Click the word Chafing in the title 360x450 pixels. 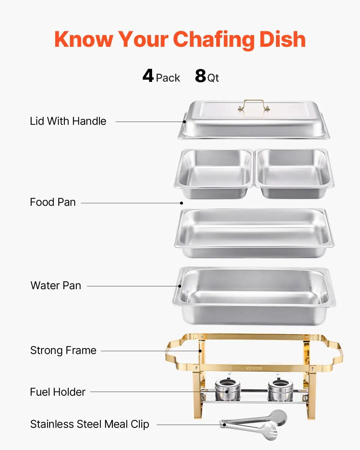click(x=214, y=40)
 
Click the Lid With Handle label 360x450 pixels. click(x=68, y=121)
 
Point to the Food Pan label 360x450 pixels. click(x=53, y=202)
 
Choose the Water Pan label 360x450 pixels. click(x=56, y=286)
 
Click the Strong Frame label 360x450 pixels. click(x=63, y=350)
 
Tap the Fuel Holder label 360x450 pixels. click(x=58, y=392)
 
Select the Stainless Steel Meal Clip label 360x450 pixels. click(x=90, y=424)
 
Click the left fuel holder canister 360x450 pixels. click(x=227, y=390)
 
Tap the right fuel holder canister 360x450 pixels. click(x=280, y=390)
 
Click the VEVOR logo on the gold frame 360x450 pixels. click(x=254, y=368)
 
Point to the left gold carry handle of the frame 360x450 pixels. click(x=175, y=354)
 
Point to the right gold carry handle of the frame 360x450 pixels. click(x=333, y=354)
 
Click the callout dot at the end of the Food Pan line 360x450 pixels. click(x=181, y=203)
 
